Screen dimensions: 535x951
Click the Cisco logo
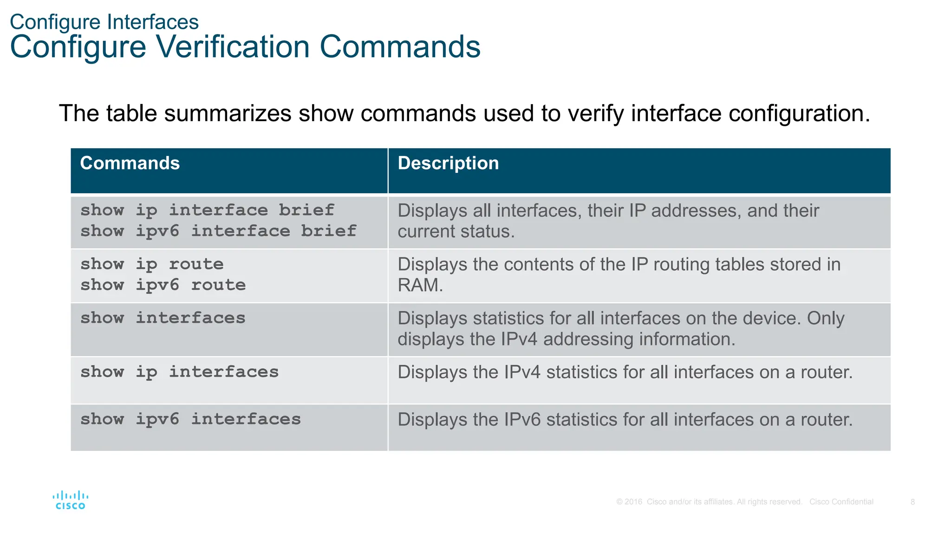tap(71, 500)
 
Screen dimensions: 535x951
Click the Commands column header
tap(130, 163)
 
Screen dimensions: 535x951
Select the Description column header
tap(448, 163)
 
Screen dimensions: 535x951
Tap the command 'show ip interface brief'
tap(207, 210)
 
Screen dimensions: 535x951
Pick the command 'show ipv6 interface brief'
tap(218, 231)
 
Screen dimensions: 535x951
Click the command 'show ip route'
tap(152, 264)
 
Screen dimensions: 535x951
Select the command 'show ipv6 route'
tap(163, 285)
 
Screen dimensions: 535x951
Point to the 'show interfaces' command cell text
tap(163, 318)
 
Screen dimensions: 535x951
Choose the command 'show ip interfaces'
tap(179, 372)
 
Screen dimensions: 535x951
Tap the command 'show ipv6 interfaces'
tap(190, 419)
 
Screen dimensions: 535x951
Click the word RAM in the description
tap(420, 285)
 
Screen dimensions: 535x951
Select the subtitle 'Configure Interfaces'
tap(104, 22)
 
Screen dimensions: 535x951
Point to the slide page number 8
tap(912, 502)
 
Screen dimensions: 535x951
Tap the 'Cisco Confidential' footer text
tap(841, 502)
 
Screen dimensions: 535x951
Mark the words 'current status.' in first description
tap(456, 232)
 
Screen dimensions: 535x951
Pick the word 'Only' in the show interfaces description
tap(825, 319)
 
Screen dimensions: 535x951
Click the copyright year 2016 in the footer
tap(633, 502)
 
